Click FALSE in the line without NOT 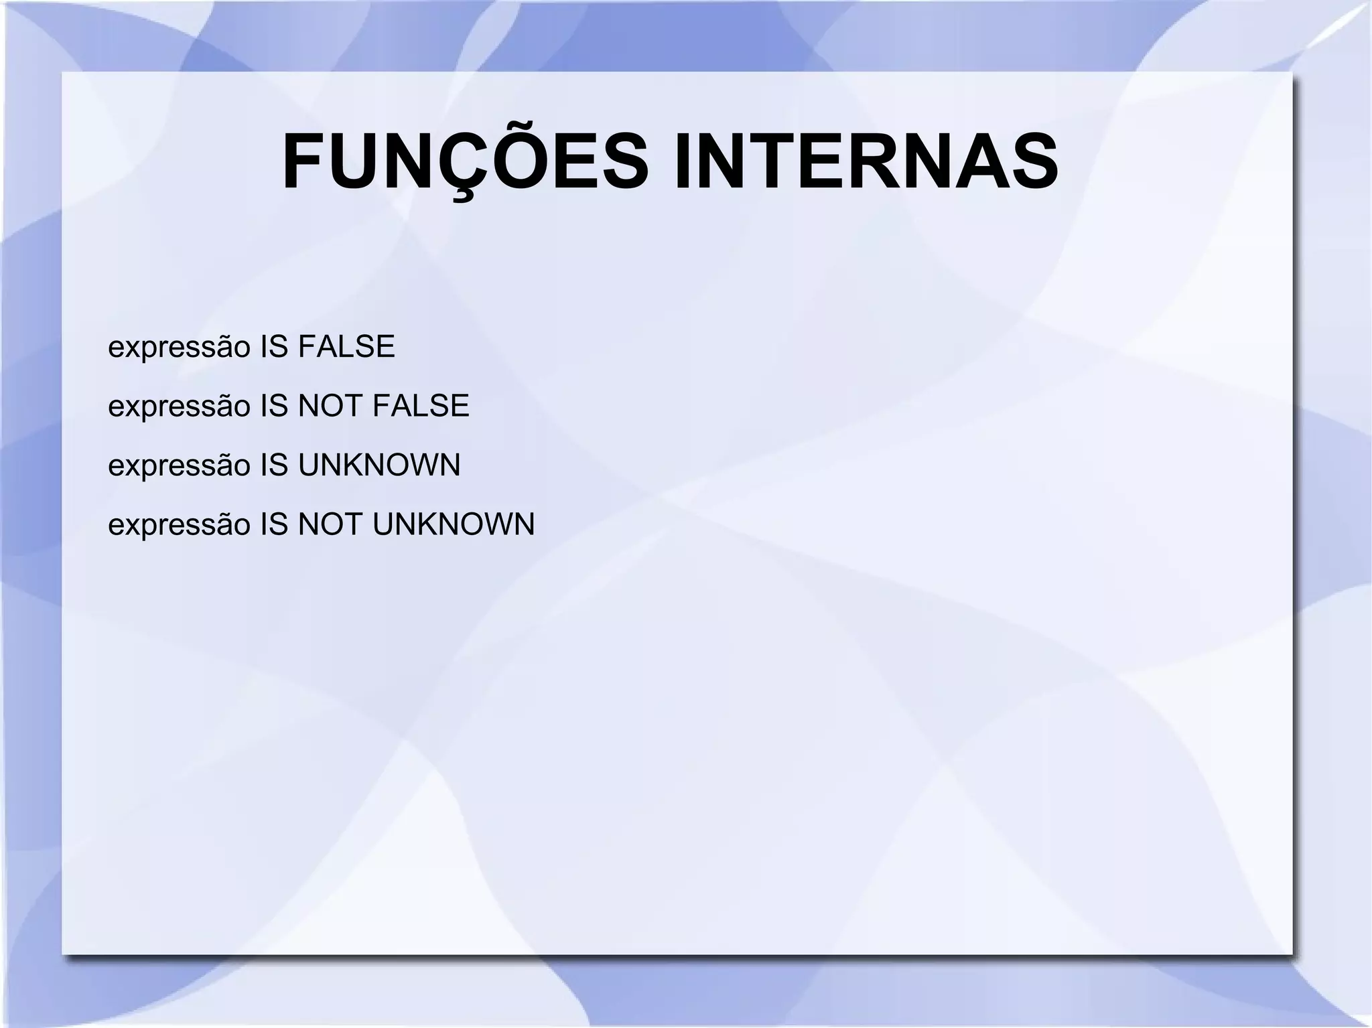click(346, 347)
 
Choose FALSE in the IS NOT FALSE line click(421, 406)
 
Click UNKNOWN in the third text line click(379, 465)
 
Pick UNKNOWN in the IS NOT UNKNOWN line click(454, 524)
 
